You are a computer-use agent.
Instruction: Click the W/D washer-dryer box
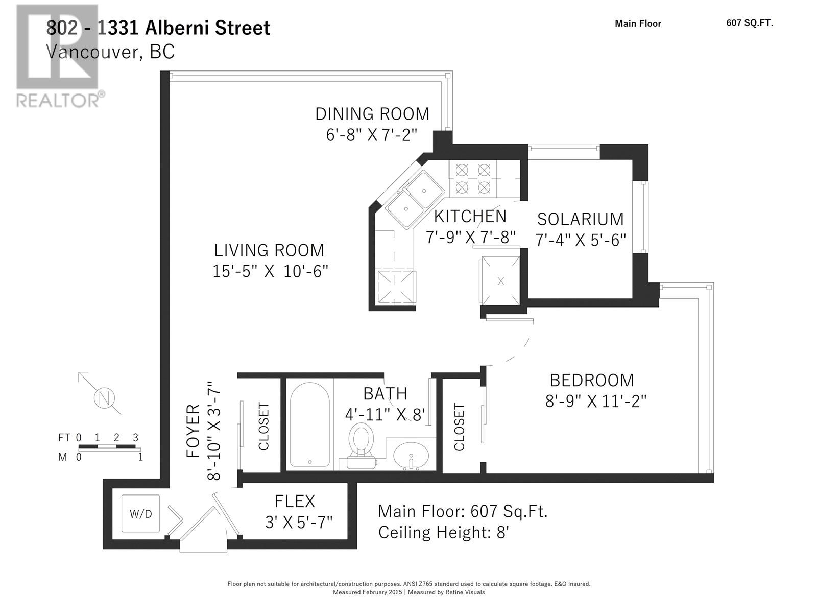tap(140, 514)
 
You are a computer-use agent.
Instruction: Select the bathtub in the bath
tap(309, 425)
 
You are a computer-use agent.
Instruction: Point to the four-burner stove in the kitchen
tap(473, 178)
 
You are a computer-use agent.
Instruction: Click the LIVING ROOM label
tap(269, 250)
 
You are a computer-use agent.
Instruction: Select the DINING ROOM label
tap(372, 113)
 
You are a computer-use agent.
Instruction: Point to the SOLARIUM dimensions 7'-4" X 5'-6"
tap(581, 240)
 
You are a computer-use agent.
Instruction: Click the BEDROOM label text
tap(592, 380)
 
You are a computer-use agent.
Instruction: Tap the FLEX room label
tap(295, 501)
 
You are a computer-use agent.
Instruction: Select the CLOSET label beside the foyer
tap(263, 427)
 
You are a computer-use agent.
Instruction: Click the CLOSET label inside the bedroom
tap(460, 427)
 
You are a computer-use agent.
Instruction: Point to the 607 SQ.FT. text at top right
tap(749, 23)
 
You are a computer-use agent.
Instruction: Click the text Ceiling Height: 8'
tap(443, 532)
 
